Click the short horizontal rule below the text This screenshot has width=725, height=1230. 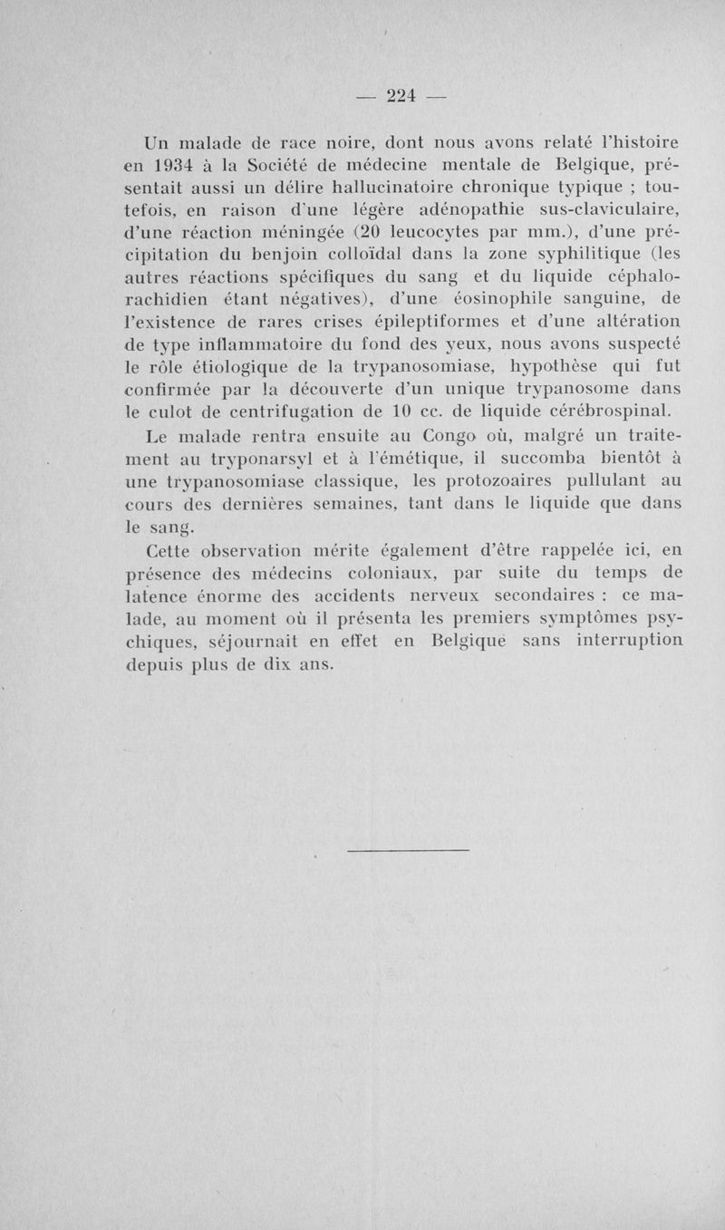[x=408, y=849]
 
